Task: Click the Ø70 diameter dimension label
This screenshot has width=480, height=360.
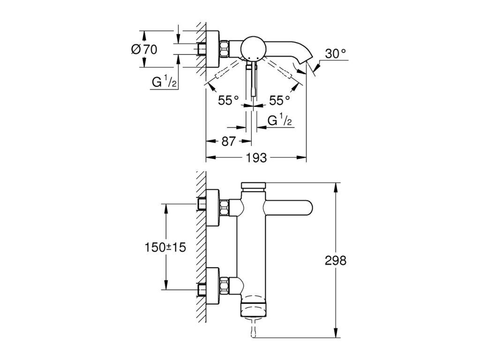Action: (x=144, y=49)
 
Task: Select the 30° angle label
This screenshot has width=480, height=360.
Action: (x=335, y=54)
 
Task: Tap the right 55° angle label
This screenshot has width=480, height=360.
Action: (x=279, y=100)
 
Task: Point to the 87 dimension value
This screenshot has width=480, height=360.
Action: (x=228, y=141)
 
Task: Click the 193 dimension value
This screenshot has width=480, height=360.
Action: (x=256, y=157)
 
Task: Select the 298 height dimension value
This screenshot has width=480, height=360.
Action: (x=336, y=261)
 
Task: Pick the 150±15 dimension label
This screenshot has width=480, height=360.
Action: (x=165, y=247)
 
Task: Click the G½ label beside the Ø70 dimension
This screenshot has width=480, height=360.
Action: (x=164, y=82)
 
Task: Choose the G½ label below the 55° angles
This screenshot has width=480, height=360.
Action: (x=279, y=120)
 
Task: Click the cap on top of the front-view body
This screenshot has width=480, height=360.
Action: (x=254, y=186)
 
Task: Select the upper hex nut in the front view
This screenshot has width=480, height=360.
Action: (x=225, y=208)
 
